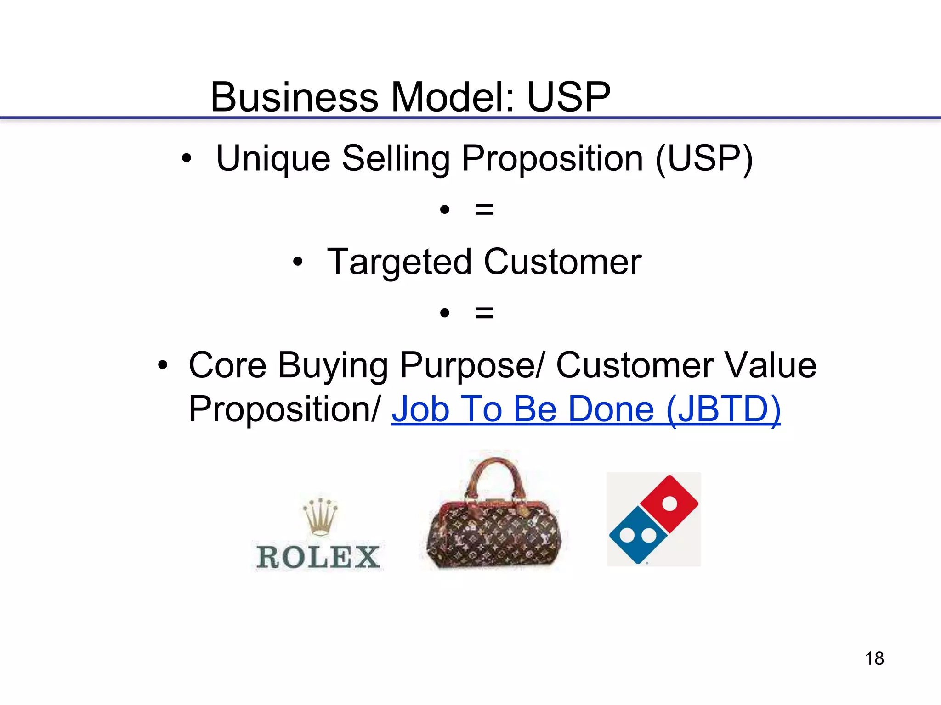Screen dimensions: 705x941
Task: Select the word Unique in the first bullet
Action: [x=273, y=159]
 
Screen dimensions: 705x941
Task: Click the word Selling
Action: [x=396, y=159]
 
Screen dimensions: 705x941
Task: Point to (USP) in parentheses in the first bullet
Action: [x=704, y=159]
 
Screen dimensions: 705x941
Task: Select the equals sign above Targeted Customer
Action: [x=484, y=210]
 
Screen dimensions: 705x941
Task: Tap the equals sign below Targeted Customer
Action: [x=484, y=313]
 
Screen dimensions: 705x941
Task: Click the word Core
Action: [x=227, y=365]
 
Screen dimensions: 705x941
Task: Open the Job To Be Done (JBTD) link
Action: [x=586, y=409]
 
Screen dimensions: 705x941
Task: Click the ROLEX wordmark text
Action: [x=318, y=557]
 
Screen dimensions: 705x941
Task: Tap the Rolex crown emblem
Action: [x=320, y=516]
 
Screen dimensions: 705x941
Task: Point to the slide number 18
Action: [x=874, y=658]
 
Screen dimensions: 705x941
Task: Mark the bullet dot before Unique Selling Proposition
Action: [x=186, y=159]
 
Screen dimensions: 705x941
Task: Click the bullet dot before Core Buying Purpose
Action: [x=163, y=366]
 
